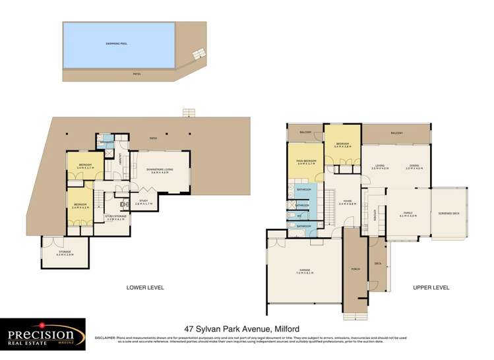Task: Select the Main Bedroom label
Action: point(304,162)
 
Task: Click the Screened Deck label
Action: point(448,214)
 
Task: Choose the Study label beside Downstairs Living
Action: point(142,203)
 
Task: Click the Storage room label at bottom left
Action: point(64,253)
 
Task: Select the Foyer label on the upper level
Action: point(347,202)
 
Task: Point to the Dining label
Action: point(414,167)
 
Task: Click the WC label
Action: point(299,215)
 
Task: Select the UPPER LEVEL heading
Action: point(431,287)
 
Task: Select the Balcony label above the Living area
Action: point(396,133)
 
